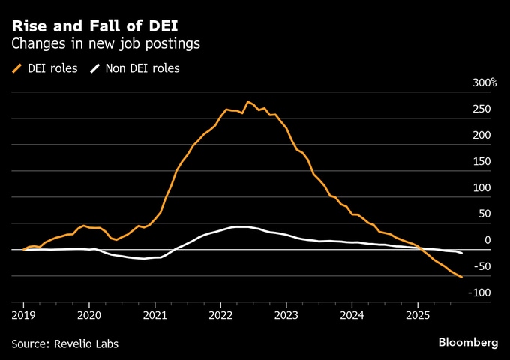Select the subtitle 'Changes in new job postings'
coord(106,44)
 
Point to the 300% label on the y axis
coord(483,82)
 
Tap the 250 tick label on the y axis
coord(481,109)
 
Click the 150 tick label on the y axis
coord(481,161)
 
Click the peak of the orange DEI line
coord(247,101)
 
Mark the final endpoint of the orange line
coord(462,277)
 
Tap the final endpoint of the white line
coord(462,253)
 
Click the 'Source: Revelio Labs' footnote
coord(65,343)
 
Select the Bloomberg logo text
coord(468,342)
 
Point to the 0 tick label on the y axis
coord(487,240)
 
